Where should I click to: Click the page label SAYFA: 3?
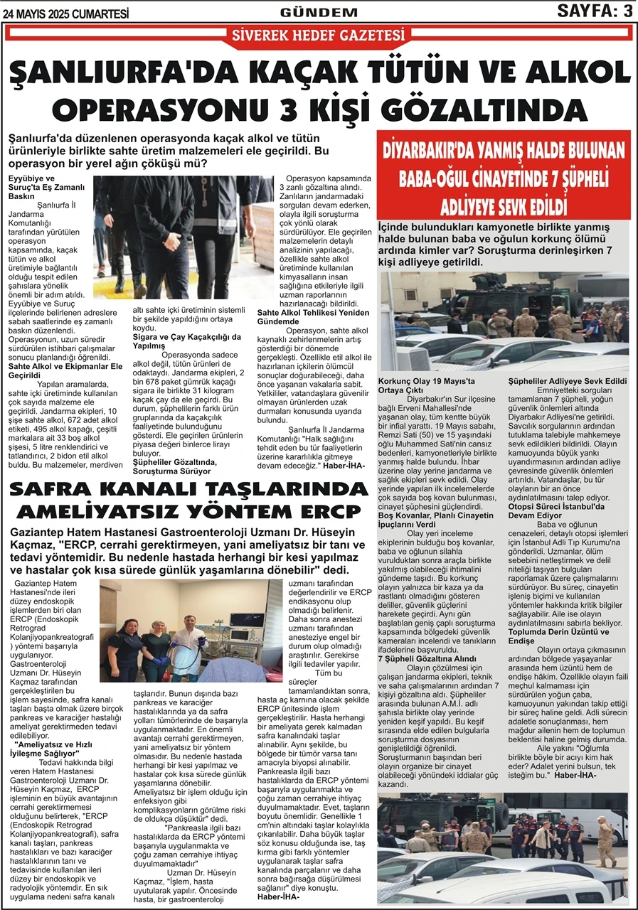click(595, 11)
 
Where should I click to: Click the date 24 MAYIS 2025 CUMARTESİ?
click(66, 12)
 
